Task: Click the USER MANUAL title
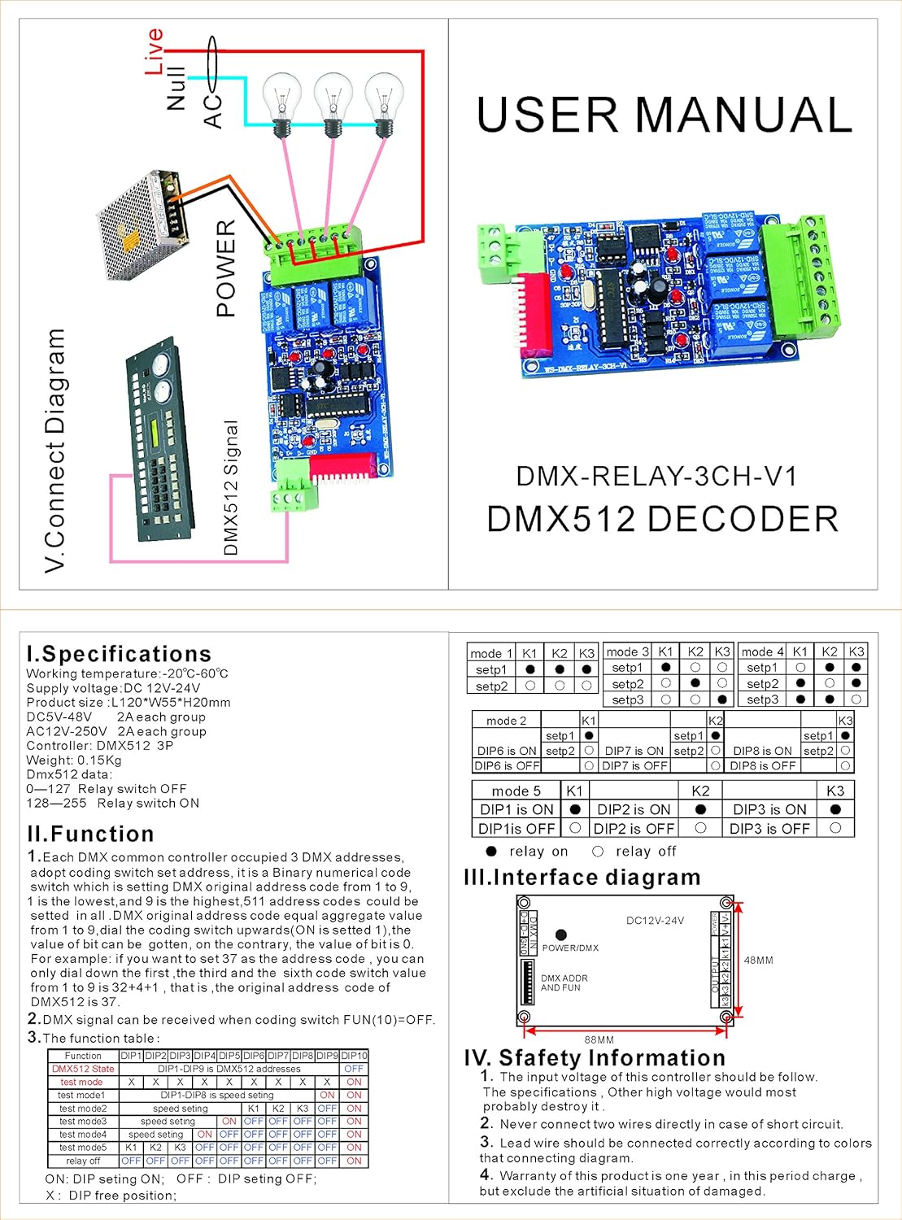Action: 664,115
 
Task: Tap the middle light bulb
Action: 331,103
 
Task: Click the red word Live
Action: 154,50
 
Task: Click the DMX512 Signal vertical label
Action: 231,488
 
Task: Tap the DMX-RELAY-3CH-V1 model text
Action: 656,476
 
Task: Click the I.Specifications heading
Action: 119,654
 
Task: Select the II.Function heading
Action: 90,834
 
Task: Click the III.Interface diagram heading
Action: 582,878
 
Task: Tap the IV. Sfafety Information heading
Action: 595,1057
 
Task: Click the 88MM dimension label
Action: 599,1039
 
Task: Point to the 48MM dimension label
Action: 758,961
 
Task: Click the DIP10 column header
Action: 354,1056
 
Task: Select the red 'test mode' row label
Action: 81,1082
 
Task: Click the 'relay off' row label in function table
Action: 83,1161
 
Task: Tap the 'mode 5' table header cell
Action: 516,791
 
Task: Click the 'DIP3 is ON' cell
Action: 769,809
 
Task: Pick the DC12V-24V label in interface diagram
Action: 655,921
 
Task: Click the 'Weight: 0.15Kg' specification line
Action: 74,760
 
